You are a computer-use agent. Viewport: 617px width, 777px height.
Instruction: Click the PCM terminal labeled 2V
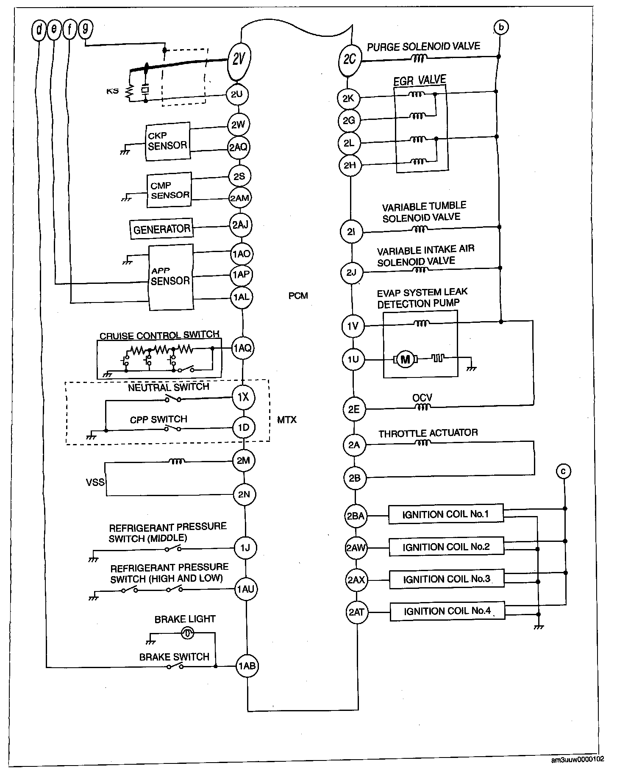pyautogui.click(x=239, y=60)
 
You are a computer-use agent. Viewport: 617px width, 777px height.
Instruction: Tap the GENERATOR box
pyautogui.click(x=161, y=229)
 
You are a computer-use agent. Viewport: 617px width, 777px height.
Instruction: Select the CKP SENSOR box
pyautogui.click(x=167, y=142)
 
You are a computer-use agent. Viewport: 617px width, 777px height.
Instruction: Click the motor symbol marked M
pyautogui.click(x=406, y=360)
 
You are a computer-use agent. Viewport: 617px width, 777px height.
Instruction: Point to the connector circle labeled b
pyautogui.click(x=501, y=28)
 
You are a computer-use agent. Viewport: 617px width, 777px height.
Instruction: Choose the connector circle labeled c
pyautogui.click(x=564, y=471)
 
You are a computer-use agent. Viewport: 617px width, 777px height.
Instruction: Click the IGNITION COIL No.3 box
pyautogui.click(x=447, y=579)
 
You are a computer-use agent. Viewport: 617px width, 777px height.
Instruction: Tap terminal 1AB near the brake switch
pyautogui.click(x=247, y=666)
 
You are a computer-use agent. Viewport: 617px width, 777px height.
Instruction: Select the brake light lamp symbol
pyautogui.click(x=188, y=633)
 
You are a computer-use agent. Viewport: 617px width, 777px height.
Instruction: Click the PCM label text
pyautogui.click(x=298, y=296)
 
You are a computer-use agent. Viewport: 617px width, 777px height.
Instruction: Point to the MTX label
pyautogui.click(x=287, y=420)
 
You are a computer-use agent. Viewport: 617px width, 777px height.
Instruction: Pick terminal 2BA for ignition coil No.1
pyautogui.click(x=356, y=516)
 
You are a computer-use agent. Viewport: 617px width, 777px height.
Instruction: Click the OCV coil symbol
pyautogui.click(x=422, y=407)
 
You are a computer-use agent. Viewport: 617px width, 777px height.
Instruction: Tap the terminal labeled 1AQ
pyautogui.click(x=242, y=348)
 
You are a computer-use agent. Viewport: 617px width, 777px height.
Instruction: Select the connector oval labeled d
pyautogui.click(x=39, y=30)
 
